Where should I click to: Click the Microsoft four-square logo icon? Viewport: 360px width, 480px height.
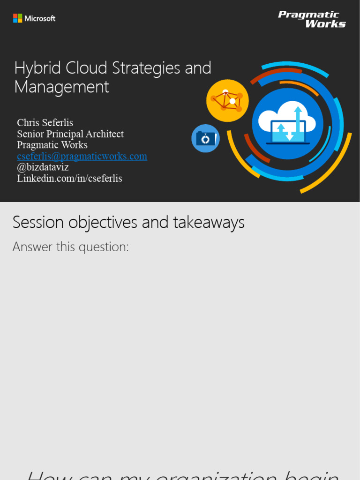click(18, 18)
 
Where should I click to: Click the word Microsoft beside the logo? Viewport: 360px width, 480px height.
click(40, 19)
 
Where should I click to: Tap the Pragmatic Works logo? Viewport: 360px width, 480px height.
click(312, 19)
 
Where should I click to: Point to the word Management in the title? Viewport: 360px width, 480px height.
click(61, 87)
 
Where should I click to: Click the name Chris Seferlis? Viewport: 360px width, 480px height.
click(45, 123)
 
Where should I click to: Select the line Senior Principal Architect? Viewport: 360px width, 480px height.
click(70, 134)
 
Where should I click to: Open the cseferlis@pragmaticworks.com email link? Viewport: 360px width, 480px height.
click(82, 156)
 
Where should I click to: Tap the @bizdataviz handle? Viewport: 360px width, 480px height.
click(43, 167)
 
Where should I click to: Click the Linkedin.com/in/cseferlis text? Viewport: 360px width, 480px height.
click(69, 179)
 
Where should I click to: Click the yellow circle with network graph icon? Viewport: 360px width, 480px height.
click(227, 100)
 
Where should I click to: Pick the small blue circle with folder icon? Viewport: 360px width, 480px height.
click(205, 138)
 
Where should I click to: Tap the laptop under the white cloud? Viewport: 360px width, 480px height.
click(288, 132)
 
